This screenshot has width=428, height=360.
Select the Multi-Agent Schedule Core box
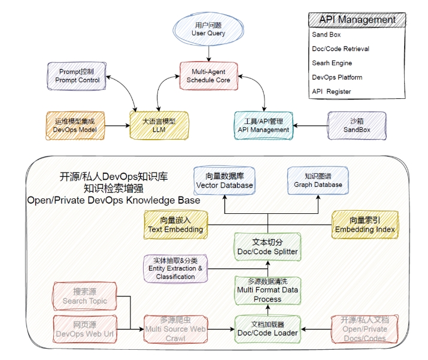click(208, 75)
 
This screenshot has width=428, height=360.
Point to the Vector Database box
click(224, 180)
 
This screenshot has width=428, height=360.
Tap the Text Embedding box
click(175, 225)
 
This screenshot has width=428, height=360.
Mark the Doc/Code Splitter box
click(268, 247)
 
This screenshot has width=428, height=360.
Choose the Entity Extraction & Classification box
click(175, 268)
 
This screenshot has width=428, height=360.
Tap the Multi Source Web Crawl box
click(175, 328)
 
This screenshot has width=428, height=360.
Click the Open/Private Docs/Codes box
click(364, 328)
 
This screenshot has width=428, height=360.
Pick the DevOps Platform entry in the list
click(337, 77)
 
